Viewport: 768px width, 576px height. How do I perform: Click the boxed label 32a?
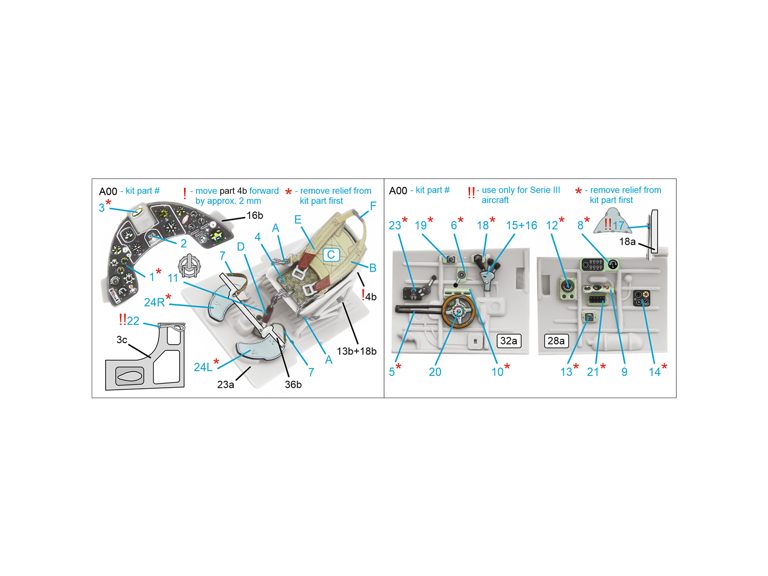click(508, 341)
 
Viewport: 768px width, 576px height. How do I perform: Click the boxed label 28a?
click(556, 341)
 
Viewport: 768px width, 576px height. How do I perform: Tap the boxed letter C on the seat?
click(331, 254)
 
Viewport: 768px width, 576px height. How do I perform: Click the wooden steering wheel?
click(458, 311)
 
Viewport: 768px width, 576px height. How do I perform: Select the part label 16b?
click(255, 216)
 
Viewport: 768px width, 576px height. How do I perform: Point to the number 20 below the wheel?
click(435, 372)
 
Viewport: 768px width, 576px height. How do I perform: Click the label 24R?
click(154, 302)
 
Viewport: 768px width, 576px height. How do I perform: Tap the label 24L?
click(203, 367)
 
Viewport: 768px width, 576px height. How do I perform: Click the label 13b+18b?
click(357, 351)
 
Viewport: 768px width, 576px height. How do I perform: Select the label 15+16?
click(521, 225)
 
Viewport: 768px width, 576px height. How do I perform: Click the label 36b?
click(293, 384)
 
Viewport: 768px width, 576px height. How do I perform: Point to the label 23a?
click(226, 384)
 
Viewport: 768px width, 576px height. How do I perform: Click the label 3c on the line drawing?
click(122, 339)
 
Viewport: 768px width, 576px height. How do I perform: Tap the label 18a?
click(627, 241)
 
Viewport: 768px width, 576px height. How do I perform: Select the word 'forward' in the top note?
click(264, 191)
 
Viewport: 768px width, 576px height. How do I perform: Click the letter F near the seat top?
click(373, 205)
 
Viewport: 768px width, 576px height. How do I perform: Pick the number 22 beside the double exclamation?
click(133, 321)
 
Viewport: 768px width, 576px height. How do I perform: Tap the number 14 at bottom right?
click(655, 372)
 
